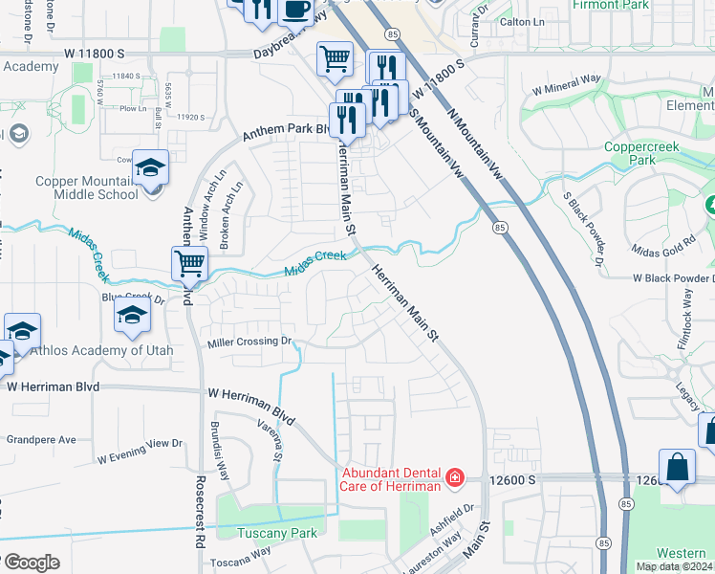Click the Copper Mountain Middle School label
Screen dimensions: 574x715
click(86, 188)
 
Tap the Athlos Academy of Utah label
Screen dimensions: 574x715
click(101, 350)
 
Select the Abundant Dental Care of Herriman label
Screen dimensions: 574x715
click(390, 478)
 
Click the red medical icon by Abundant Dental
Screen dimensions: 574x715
click(455, 476)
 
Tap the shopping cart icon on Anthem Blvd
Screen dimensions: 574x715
click(190, 262)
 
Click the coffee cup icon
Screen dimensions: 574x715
click(294, 10)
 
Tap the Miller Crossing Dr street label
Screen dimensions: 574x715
click(249, 341)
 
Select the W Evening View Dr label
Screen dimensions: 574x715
click(139, 450)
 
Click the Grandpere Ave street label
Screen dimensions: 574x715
click(41, 440)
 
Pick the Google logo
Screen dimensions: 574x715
click(31, 563)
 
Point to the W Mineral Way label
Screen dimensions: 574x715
click(567, 85)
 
